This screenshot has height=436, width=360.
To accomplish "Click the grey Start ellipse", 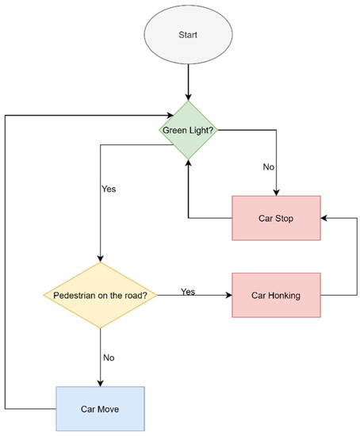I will (x=189, y=36).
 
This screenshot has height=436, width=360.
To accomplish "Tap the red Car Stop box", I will (x=276, y=216).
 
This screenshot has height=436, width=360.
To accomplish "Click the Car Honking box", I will (x=276, y=296).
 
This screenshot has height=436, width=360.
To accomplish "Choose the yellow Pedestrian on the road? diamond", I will (x=100, y=296).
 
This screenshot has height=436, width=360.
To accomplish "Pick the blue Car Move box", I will (x=100, y=408).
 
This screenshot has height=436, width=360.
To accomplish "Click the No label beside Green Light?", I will (x=268, y=167).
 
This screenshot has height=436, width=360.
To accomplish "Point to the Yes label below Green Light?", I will (x=109, y=190).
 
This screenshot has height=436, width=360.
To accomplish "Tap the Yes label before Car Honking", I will (x=188, y=291).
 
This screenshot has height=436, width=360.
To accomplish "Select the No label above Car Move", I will (x=109, y=357).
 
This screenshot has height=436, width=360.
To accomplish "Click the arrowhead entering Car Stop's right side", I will (x=325, y=216).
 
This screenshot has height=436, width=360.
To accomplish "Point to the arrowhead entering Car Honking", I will (x=228, y=296).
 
